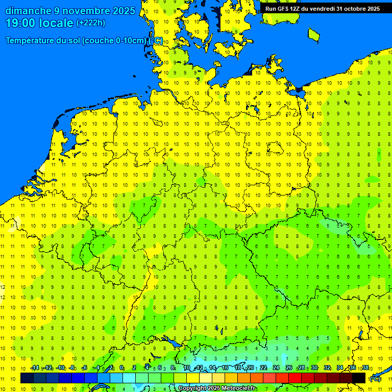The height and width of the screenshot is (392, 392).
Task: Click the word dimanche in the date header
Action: [28, 11]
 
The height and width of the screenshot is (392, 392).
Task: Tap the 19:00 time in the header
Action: [19, 23]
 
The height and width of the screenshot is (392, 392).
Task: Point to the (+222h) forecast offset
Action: [90, 23]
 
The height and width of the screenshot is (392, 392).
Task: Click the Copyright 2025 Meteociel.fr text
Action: [217, 388]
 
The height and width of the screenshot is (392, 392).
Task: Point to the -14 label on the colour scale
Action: [35, 367]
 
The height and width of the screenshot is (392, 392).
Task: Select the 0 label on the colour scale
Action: [121, 367]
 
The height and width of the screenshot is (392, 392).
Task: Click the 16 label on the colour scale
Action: [225, 367]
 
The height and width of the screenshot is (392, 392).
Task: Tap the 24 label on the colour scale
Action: [276, 367]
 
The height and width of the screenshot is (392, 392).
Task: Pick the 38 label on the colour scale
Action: [365, 367]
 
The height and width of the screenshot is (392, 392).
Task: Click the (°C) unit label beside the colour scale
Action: [375, 379]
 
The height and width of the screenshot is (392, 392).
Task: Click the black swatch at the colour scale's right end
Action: [359, 378]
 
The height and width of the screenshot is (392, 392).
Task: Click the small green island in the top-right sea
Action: [314, 34]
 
